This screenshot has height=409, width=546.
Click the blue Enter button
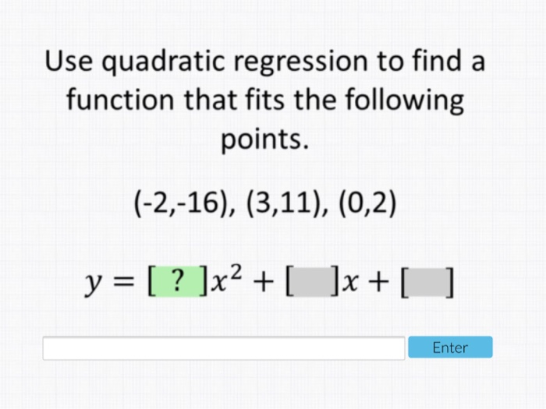pyautogui.click(x=450, y=347)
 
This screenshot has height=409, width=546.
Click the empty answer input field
pyautogui.click(x=224, y=348)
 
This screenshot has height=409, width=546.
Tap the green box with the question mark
pyautogui.click(x=178, y=281)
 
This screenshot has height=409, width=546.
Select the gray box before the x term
pyautogui.click(x=312, y=281)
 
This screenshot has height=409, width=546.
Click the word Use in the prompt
pyautogui.click(x=69, y=61)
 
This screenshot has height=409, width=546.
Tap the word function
pyautogui.click(x=120, y=99)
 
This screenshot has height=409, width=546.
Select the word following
pyautogui.click(x=404, y=101)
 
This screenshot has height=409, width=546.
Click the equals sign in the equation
pyautogui.click(x=124, y=282)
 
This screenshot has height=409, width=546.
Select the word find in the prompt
pyautogui.click(x=430, y=61)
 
